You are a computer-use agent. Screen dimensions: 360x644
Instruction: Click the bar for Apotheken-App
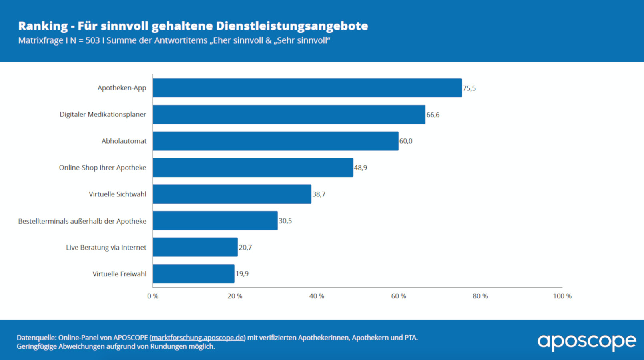click(307, 88)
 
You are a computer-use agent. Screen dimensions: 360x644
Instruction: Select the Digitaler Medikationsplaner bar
click(289, 114)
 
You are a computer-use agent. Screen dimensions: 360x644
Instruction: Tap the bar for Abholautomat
click(275, 141)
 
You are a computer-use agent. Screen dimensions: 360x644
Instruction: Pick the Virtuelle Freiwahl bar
click(193, 274)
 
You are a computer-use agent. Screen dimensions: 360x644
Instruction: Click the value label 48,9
click(360, 168)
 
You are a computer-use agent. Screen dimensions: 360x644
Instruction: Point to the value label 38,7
click(319, 194)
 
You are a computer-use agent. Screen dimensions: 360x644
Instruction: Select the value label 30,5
click(285, 221)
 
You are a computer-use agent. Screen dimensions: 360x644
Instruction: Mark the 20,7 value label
click(245, 247)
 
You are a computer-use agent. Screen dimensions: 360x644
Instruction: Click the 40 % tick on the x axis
click(317, 296)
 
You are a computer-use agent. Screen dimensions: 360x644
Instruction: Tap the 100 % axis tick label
click(562, 296)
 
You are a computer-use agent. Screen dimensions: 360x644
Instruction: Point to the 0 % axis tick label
click(153, 296)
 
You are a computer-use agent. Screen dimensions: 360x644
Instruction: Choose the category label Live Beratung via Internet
click(106, 247)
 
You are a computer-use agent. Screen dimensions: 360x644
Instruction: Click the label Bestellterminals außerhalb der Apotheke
click(82, 221)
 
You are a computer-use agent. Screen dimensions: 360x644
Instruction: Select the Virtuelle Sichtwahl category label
click(117, 194)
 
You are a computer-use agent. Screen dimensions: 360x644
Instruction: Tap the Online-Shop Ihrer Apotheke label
click(102, 168)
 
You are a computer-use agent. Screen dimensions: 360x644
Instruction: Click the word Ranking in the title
click(43, 26)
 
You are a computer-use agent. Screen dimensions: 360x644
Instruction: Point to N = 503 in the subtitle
click(85, 40)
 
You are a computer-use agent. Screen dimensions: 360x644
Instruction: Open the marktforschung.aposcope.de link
click(198, 338)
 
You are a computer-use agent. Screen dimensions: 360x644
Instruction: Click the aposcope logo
click(586, 341)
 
